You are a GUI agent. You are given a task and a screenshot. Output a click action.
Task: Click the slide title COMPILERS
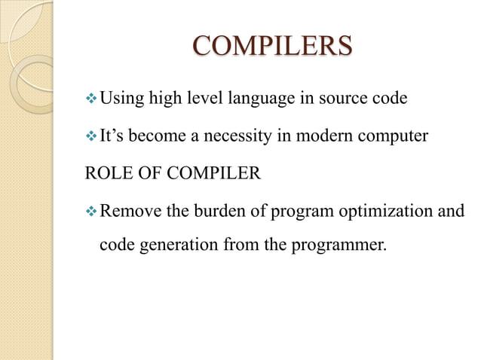point(272,46)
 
